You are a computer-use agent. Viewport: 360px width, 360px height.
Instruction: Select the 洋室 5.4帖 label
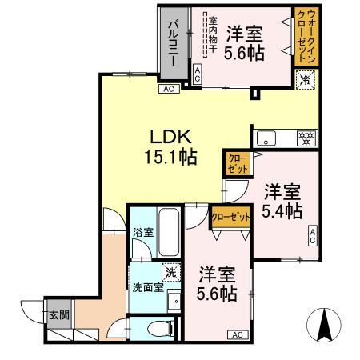click(x=282, y=202)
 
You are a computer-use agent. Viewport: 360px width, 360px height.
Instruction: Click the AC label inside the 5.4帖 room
click(x=313, y=235)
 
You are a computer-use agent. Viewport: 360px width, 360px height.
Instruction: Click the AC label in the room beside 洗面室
click(x=238, y=334)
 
